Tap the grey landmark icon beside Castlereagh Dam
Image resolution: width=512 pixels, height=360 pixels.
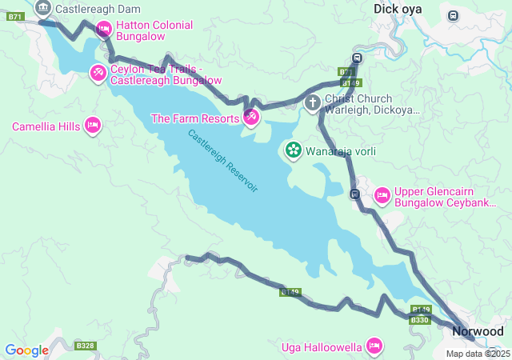tap(43, 10)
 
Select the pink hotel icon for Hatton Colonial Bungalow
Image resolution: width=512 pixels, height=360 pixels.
tap(103, 30)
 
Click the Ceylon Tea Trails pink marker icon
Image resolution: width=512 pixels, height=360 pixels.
tap(98, 74)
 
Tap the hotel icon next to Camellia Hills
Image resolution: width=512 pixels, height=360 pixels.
tap(93, 126)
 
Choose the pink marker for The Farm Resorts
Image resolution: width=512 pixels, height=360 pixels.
tap(251, 118)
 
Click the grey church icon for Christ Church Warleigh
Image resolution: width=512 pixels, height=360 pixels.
tap(314, 102)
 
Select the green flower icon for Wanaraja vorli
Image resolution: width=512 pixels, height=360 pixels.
tap(293, 150)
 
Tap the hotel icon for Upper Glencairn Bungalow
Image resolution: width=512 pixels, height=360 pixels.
tap(382, 194)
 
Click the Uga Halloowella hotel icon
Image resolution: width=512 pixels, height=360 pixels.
tap(373, 346)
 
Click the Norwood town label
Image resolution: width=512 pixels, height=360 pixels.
tap(478, 331)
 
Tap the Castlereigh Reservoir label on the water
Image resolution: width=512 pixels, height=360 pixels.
tap(223, 160)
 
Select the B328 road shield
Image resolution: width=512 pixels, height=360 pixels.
tap(86, 346)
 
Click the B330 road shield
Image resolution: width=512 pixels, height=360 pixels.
tap(420, 320)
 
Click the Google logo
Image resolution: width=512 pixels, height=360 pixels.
tap(26, 350)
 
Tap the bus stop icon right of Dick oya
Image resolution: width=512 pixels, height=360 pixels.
tap(454, 15)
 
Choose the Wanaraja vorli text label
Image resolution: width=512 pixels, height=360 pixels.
tap(341, 151)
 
